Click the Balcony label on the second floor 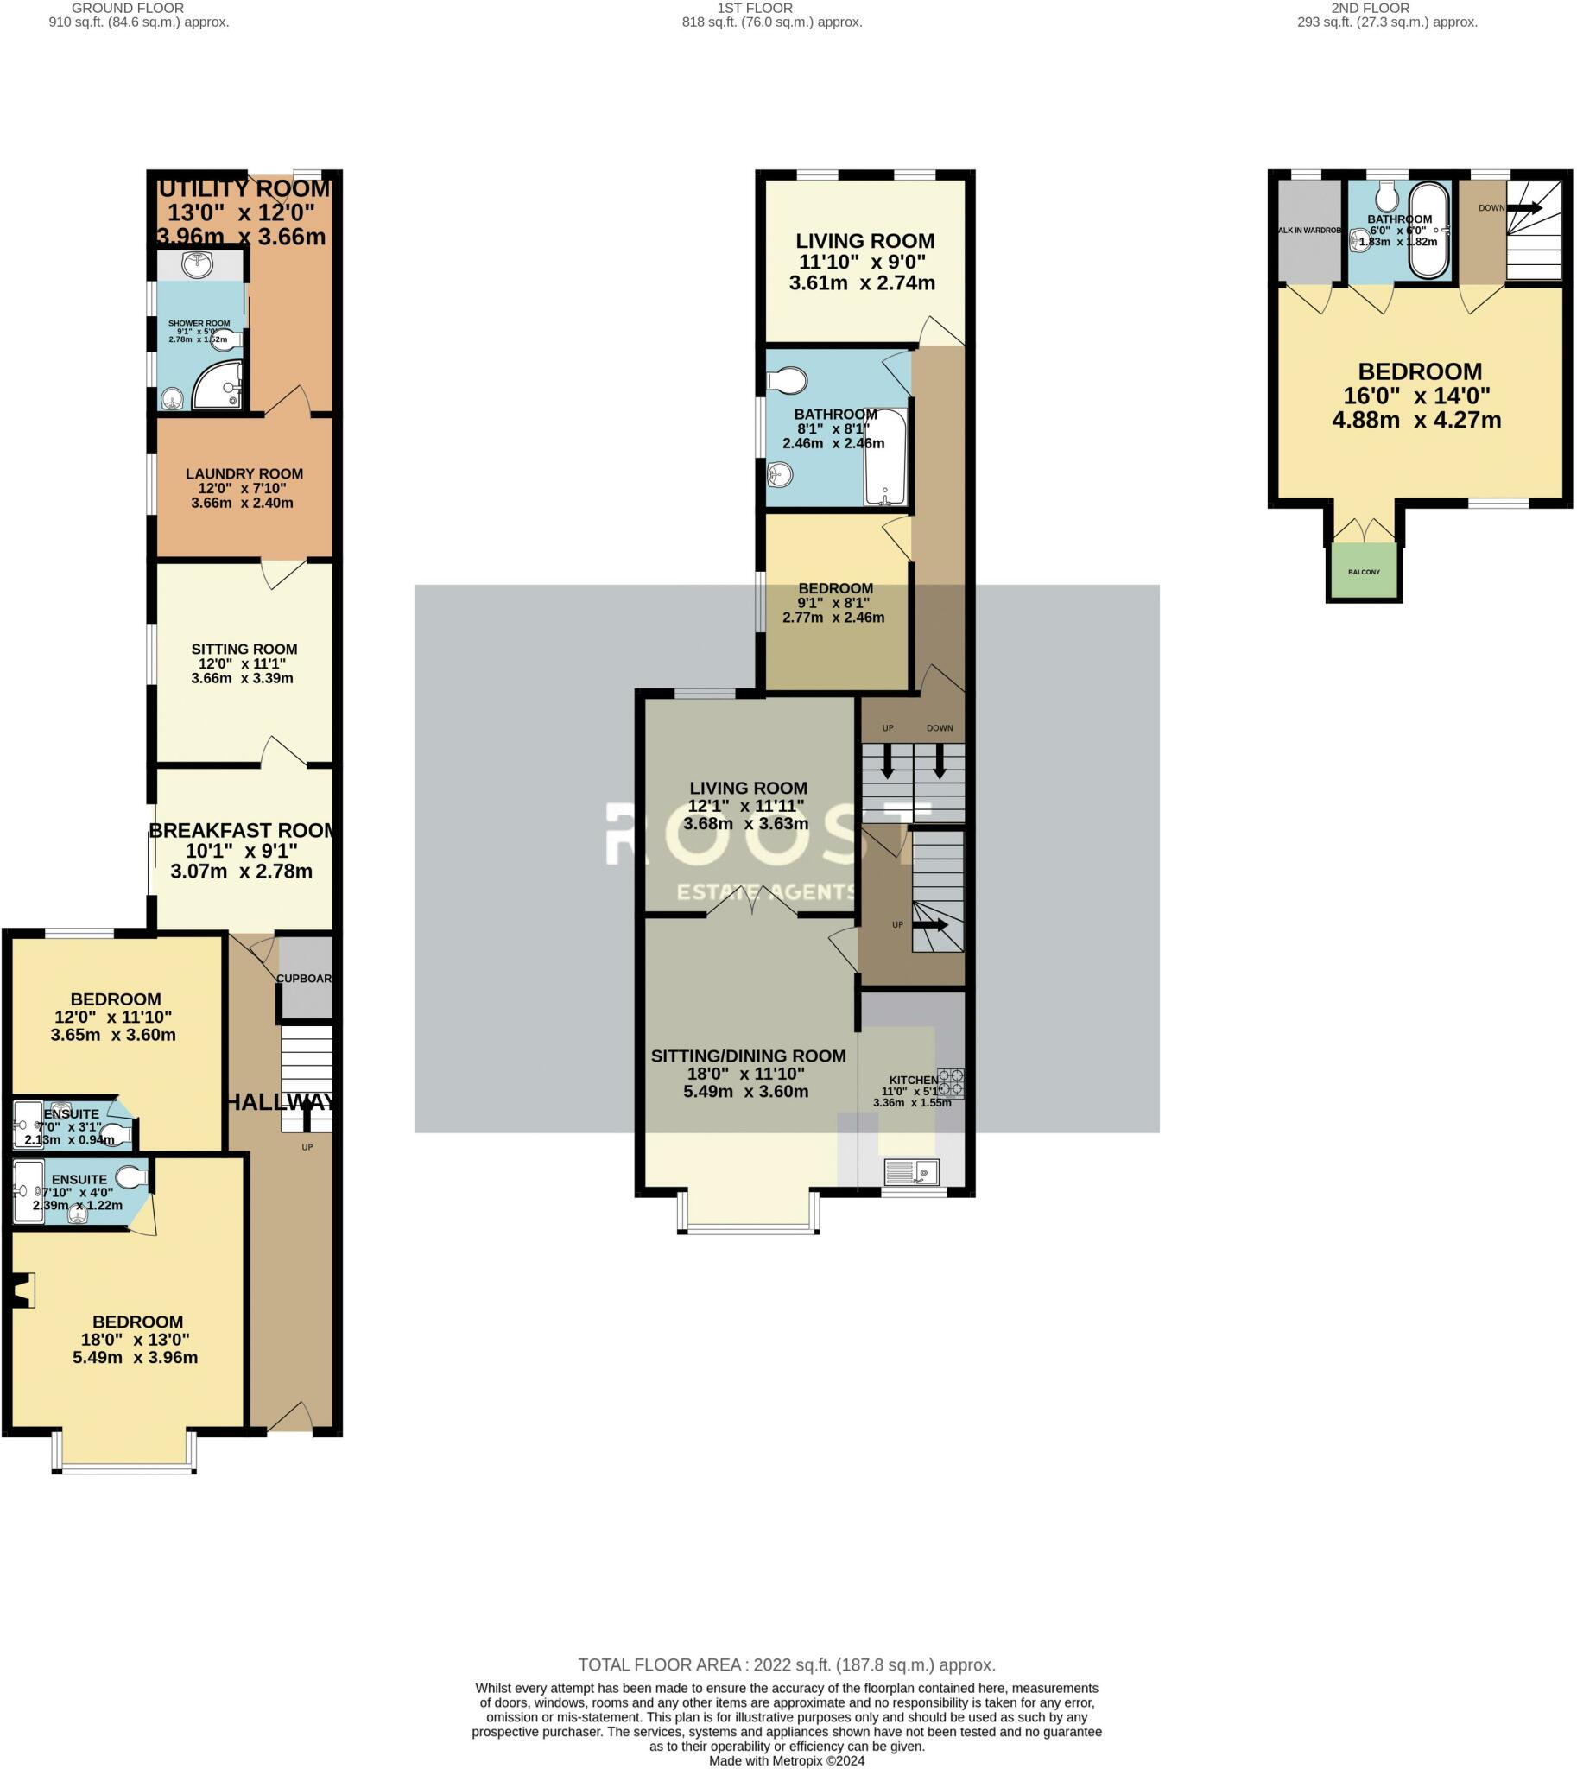(x=1364, y=572)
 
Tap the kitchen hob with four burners (x=950, y=1083)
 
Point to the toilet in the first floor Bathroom (x=787, y=380)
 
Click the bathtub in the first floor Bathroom (x=884, y=458)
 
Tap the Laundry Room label (x=244, y=474)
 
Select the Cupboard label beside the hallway (x=305, y=979)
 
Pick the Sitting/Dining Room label (x=748, y=1056)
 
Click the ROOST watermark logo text (x=768, y=834)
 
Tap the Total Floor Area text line (x=787, y=1665)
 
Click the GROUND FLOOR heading (x=127, y=8)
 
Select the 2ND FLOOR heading (x=1370, y=8)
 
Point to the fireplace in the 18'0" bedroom (x=22, y=1290)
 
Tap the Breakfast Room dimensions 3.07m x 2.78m (x=241, y=872)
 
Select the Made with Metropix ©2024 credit (x=787, y=1760)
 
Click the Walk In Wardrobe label (x=1309, y=231)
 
